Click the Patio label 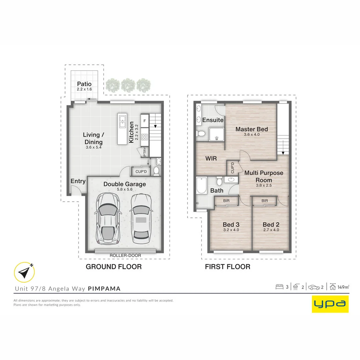coord(84,84)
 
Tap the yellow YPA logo coord(330,304)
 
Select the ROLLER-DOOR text coord(125,256)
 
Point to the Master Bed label coord(252,129)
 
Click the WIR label coord(211,159)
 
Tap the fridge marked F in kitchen coord(145,121)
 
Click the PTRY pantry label coord(145,152)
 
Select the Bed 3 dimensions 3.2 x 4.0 coord(231,230)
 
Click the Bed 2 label coord(271,225)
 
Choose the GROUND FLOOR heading coord(114,267)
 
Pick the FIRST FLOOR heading coord(227,267)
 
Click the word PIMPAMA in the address coord(104,288)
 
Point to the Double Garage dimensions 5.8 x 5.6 coord(124,189)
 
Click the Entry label coord(78,181)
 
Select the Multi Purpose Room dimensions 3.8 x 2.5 coord(264,185)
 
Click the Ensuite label coord(213,120)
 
